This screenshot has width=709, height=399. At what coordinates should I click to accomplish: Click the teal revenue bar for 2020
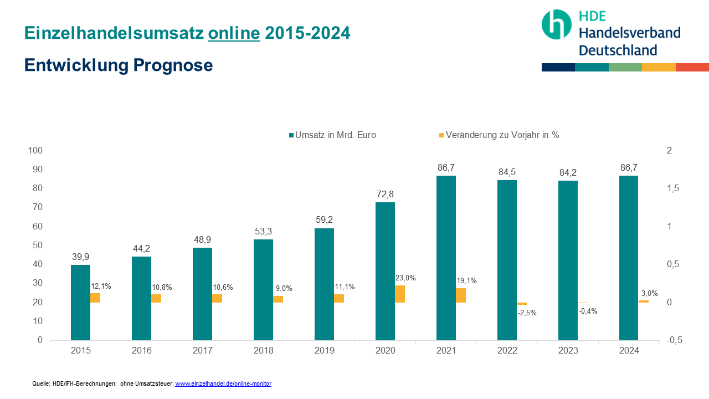pos(385,271)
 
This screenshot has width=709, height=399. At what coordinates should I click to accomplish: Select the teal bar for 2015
pos(80,303)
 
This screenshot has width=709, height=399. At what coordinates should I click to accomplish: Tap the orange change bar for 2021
pos(461,295)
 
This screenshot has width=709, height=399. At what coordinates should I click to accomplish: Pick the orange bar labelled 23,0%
pos(400,294)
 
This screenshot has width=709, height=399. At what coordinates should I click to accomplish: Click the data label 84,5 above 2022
pos(507,172)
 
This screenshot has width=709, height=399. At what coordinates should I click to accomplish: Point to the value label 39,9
pos(80,257)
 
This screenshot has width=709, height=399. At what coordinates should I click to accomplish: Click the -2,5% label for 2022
pos(527,313)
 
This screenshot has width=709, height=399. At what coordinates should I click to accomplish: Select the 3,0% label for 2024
pos(650,293)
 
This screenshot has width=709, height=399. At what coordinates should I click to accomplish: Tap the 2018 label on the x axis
pos(263,350)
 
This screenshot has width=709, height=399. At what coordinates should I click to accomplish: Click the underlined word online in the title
pos(234,33)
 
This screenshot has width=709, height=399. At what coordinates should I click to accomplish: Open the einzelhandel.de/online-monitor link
pos(223,383)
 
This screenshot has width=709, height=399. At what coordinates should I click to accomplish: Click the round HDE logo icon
pos(556,24)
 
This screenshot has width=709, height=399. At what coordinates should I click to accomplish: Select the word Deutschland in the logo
pos(618,50)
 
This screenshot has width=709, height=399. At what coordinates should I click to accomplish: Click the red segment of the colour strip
pos(692,67)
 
